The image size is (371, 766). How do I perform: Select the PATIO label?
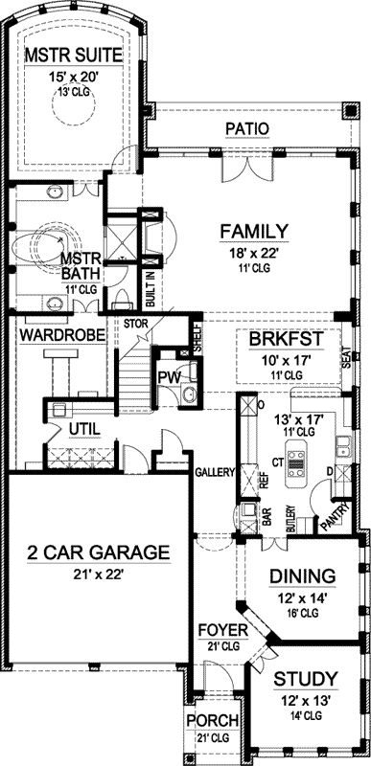click(x=245, y=128)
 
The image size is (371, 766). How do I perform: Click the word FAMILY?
click(x=254, y=231)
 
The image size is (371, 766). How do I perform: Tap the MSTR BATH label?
click(x=75, y=265)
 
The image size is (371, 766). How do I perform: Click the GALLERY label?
click(x=215, y=472)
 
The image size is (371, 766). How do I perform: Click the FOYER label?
click(x=223, y=630)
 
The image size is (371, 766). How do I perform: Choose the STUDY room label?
click(x=305, y=679)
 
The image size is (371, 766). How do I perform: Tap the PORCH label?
click(x=204, y=720)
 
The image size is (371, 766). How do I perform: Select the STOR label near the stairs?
click(x=134, y=323)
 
